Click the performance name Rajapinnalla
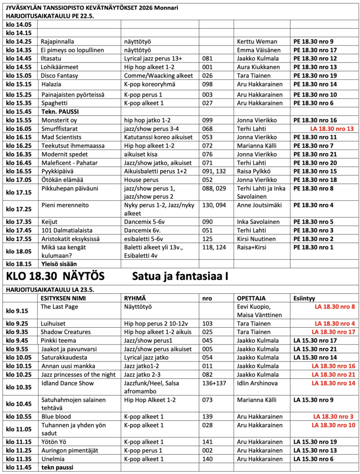(57, 42)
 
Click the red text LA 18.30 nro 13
(331, 129)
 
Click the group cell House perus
(140, 180)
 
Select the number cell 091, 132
(215, 171)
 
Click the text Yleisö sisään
(60, 263)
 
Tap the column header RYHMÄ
(133, 299)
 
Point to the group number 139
(208, 417)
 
